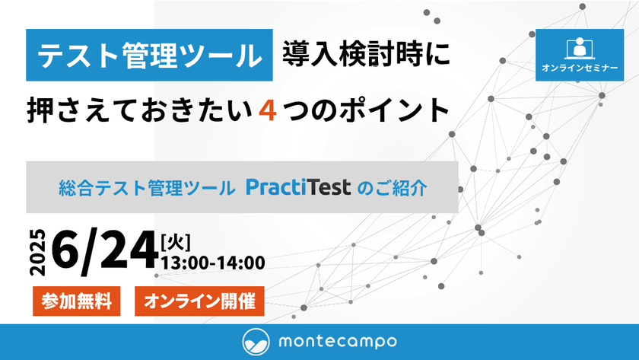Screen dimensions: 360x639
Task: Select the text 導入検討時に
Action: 366,54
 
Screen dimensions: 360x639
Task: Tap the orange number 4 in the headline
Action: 266,110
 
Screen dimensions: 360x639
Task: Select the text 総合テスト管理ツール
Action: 147,187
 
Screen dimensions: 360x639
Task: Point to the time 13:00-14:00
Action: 213,264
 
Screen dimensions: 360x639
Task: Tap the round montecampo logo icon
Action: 256,341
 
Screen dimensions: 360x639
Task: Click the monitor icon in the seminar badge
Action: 580,47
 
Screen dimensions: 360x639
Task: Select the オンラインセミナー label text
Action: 580,68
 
